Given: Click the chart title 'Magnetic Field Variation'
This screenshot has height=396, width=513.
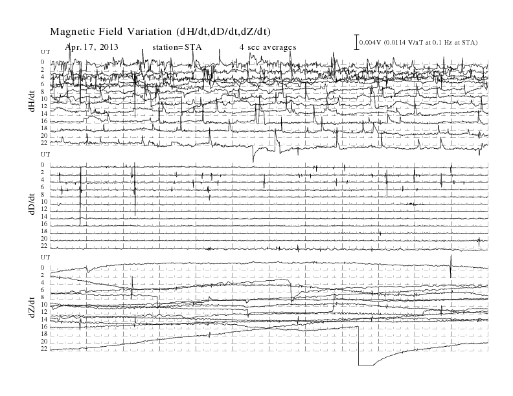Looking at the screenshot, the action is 111,32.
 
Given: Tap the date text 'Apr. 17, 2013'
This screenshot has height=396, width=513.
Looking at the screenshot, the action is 91,47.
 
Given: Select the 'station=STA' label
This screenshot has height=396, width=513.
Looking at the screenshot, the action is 177,47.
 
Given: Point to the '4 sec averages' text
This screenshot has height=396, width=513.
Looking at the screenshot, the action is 268,47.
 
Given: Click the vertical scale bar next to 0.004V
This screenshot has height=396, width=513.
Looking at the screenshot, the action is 357,42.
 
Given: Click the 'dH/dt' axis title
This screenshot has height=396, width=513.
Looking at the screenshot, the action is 32,102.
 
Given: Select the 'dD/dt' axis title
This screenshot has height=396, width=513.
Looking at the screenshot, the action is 32,204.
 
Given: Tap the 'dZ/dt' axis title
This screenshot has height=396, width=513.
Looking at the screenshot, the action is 32,307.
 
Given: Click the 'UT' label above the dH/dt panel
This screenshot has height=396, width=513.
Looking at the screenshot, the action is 45,52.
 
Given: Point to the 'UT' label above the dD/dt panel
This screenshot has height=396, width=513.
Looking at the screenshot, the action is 45,154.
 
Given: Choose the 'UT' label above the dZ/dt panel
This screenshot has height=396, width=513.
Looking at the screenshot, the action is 45,257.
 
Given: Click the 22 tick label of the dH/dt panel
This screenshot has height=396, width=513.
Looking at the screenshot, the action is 44,143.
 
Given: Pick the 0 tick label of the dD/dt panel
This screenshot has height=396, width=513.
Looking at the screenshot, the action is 43,164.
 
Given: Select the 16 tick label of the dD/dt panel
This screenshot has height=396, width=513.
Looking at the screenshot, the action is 44,224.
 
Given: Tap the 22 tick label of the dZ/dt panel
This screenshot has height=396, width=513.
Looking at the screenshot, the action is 44,349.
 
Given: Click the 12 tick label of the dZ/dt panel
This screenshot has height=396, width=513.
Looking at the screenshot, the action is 44,312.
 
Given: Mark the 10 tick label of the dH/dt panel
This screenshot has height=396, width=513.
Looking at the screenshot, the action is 44,98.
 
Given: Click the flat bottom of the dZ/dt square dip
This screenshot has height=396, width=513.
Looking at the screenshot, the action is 366,365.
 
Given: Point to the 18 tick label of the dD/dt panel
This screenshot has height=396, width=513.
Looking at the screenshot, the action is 44,232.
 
